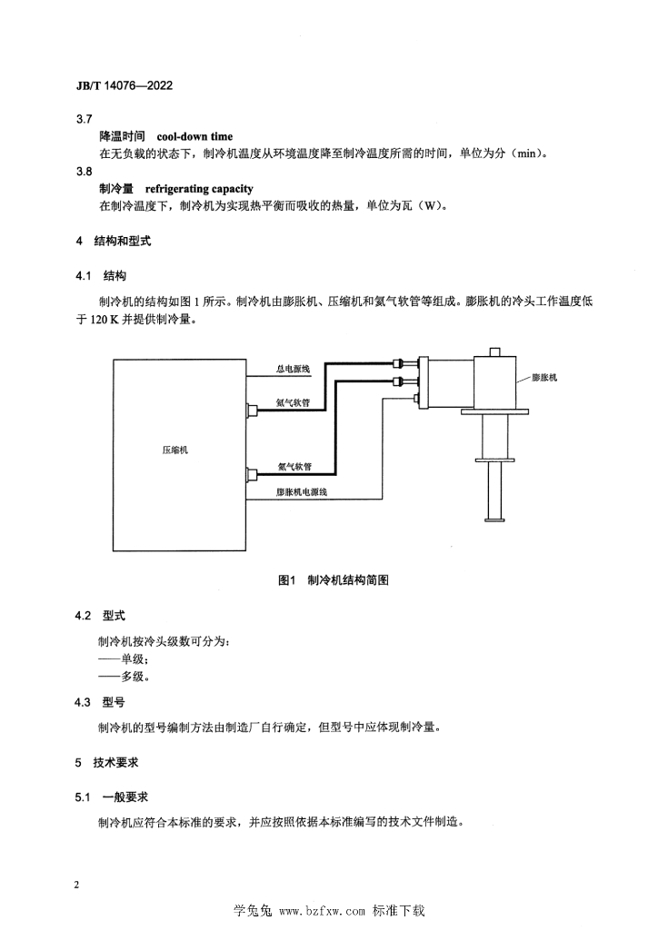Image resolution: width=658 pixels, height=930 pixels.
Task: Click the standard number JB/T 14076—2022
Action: (125, 85)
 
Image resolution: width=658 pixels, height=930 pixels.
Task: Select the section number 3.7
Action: (85, 119)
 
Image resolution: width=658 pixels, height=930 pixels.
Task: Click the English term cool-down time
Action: (194, 136)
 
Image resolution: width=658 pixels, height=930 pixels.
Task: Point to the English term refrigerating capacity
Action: (199, 189)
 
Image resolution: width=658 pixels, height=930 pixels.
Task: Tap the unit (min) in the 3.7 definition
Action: (527, 153)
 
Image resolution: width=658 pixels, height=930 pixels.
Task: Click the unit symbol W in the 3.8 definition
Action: (428, 206)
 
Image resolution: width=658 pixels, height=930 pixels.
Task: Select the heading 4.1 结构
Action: (101, 276)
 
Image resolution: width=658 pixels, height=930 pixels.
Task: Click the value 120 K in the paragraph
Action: (105, 320)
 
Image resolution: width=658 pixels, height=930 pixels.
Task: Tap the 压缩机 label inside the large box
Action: (175, 450)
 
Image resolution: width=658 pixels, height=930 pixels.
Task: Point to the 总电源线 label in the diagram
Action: (294, 369)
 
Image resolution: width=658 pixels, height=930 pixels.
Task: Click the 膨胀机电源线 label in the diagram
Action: (302, 491)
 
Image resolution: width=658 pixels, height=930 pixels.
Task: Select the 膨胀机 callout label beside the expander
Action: (544, 377)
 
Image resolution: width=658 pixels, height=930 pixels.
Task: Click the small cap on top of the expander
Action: (494, 351)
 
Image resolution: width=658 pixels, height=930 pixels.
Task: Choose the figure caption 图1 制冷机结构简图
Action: (334, 580)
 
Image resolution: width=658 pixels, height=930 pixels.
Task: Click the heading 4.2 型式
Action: (100, 616)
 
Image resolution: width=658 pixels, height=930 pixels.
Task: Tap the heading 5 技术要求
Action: (107, 763)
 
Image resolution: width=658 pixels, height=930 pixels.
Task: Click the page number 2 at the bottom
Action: (77, 885)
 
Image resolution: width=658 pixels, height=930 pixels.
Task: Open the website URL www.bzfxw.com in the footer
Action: (322, 911)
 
